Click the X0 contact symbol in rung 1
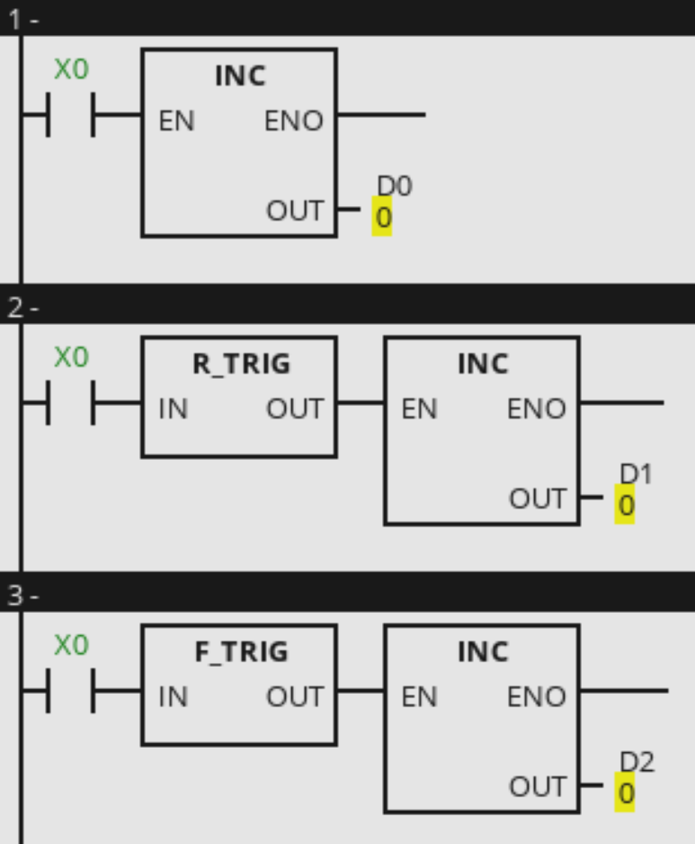point(70,116)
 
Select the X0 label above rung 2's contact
point(71,357)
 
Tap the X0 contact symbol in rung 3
point(70,692)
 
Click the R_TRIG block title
point(241,364)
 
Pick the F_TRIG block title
point(241,652)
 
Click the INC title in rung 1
point(240,76)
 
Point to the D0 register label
point(394,186)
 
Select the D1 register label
point(637,474)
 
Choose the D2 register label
point(637,762)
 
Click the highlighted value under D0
point(382,217)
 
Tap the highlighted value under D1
point(626,506)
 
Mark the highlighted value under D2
point(626,794)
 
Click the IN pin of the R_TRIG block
point(174,409)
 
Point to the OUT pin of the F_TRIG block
point(294,697)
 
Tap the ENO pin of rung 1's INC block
point(293,121)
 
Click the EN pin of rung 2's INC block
point(419,409)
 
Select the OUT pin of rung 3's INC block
point(537,787)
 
